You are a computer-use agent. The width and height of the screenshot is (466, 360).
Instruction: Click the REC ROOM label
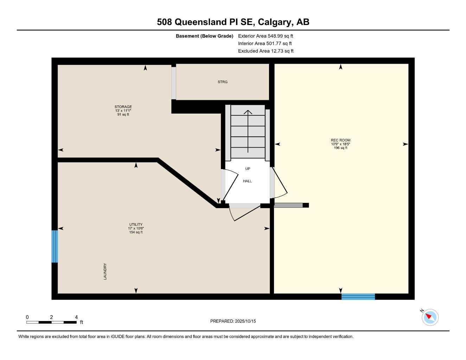point(340,140)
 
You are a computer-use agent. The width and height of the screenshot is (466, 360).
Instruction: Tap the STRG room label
point(222,82)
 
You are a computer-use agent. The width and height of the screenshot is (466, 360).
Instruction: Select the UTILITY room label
point(136,225)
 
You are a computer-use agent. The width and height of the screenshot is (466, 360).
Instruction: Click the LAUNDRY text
point(105,271)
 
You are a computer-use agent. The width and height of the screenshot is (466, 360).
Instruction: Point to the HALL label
point(247,181)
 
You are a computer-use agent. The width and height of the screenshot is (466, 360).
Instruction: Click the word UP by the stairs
point(248,169)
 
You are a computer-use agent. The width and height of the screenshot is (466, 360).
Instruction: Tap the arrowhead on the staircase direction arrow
point(248,112)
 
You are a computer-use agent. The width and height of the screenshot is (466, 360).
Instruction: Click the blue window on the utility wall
point(55,246)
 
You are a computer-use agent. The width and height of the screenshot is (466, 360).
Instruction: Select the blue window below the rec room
point(358,296)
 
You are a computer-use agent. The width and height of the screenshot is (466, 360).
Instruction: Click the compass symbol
point(430,317)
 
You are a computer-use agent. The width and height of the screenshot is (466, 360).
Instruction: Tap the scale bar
point(51,322)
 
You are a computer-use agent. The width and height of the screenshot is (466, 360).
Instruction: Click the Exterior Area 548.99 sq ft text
point(266,36)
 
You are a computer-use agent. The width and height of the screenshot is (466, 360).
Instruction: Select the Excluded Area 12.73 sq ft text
point(266,51)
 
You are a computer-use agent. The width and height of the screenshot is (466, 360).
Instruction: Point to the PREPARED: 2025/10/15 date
point(233,321)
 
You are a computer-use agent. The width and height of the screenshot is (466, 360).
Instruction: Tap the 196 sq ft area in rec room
point(340,148)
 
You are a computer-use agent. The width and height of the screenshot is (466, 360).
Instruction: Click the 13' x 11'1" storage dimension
point(123,110)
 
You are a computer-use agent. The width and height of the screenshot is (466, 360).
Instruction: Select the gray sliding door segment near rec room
point(288,205)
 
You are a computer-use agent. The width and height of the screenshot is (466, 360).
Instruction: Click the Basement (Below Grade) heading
point(204,36)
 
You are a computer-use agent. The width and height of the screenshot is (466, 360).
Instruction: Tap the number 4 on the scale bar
point(76,317)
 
